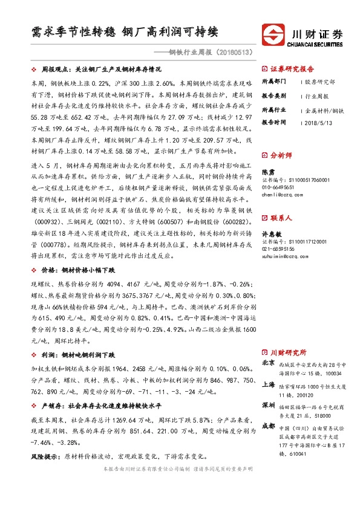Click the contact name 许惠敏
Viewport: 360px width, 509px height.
(x=272, y=233)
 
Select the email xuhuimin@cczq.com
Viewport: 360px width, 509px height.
(x=284, y=256)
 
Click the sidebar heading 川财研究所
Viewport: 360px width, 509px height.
(x=287, y=352)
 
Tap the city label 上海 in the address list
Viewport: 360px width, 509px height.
(x=268, y=384)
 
